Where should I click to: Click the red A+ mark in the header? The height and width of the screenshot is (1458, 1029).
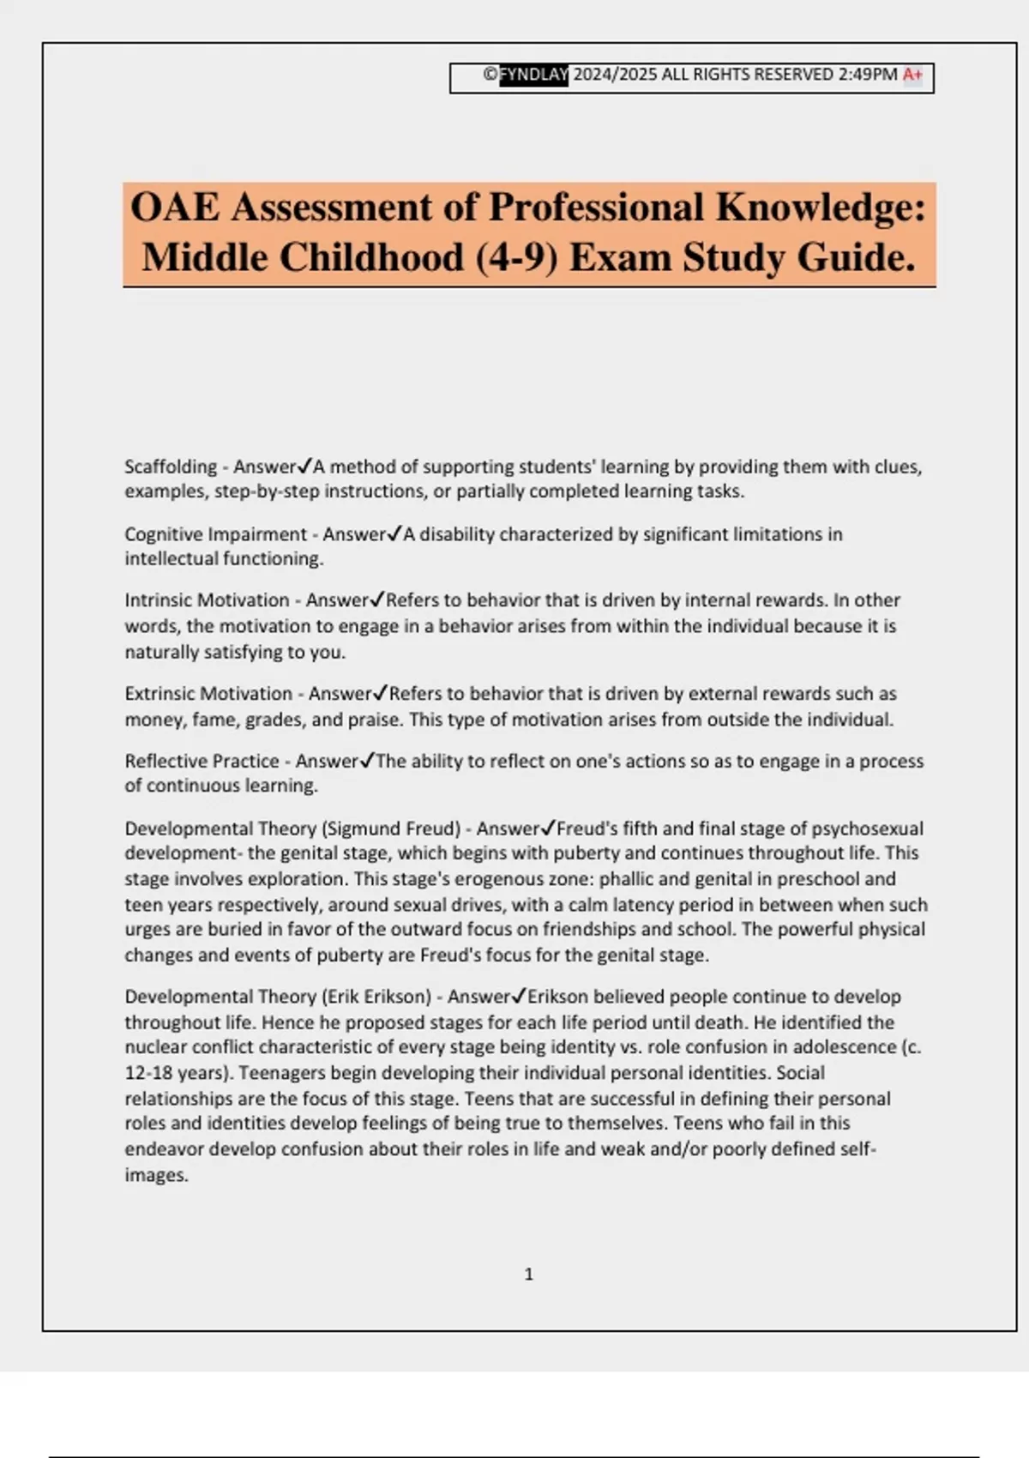tap(912, 75)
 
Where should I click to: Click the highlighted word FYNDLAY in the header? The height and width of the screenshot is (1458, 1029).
tap(533, 75)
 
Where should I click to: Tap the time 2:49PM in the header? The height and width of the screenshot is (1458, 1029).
tap(868, 75)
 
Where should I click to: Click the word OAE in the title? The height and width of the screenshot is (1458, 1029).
tap(174, 208)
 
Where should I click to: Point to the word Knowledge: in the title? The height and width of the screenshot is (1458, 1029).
tap(821, 208)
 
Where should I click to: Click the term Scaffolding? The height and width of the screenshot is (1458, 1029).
tap(171, 467)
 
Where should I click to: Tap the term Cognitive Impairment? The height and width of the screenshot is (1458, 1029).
tap(215, 534)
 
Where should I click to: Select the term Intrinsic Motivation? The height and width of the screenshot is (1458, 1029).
tap(207, 600)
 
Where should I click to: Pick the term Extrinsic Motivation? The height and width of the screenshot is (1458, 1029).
tap(208, 694)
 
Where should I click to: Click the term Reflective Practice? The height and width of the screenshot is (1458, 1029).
tap(202, 762)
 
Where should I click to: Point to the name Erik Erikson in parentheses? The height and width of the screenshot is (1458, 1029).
tap(376, 997)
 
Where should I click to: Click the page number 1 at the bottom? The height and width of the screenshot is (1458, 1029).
tap(528, 1274)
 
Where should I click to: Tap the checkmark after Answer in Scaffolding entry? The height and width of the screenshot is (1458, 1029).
tap(304, 466)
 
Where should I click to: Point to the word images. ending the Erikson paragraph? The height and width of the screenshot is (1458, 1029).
tap(156, 1175)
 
